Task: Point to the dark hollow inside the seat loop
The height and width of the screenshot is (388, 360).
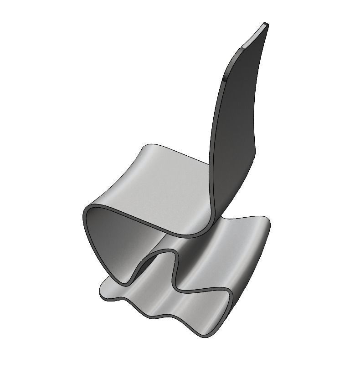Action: (114, 246)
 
